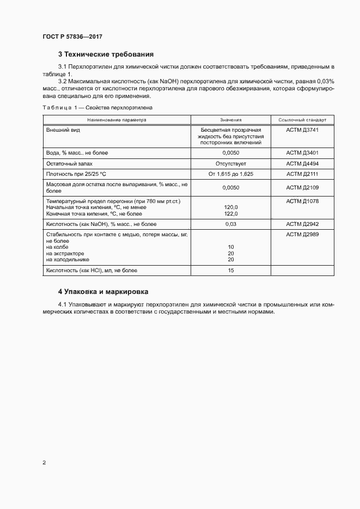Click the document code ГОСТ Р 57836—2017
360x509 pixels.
click(x=72, y=36)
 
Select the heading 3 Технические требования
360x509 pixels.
click(x=106, y=54)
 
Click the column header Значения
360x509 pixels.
click(x=231, y=120)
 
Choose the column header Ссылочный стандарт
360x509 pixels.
click(x=302, y=120)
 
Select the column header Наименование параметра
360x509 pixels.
click(x=115, y=120)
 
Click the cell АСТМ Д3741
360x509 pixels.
click(x=302, y=130)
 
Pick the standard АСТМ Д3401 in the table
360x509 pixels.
click(x=302, y=153)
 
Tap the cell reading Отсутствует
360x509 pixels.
click(x=231, y=163)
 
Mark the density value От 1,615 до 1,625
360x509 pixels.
click(x=231, y=174)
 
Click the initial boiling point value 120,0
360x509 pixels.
click(x=231, y=207)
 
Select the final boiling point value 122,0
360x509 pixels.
click(x=231, y=213)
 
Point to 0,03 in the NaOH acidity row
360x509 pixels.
click(x=231, y=224)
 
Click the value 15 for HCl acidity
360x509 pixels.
click(x=231, y=270)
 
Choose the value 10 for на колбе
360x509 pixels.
click(x=231, y=247)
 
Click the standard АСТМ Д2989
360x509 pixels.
click(x=302, y=234)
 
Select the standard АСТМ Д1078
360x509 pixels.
click(x=302, y=201)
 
